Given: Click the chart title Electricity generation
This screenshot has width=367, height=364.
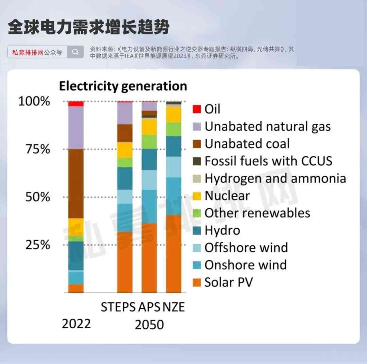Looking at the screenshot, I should coord(123,86).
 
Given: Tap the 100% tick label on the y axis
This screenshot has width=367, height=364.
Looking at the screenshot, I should coord(34,101).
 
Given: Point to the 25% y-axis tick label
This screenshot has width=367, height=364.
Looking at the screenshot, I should coord(38,245).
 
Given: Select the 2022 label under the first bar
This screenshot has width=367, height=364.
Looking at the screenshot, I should coord(76,324).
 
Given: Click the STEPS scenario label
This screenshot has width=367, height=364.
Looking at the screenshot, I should coord(118,307).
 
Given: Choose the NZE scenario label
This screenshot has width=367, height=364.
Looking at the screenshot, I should coord(174,307).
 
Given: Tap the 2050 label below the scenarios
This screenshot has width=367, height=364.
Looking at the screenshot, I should coord(149,325).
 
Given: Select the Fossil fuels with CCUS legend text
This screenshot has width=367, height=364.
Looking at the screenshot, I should coord(268,161).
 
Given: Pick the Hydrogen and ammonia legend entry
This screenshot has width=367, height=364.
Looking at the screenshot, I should coord(275,178).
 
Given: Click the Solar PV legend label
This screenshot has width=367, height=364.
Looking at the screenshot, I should coord(228,282).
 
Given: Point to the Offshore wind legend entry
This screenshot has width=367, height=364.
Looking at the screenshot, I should coord(246,247).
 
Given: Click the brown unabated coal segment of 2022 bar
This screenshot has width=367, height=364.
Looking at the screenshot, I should coord(76,184).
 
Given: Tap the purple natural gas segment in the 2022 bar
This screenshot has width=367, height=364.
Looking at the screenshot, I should coord(76,127).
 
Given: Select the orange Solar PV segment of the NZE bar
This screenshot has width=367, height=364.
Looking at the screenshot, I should coord(174,253).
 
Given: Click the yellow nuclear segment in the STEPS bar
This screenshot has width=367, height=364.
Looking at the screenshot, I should coord(125,150).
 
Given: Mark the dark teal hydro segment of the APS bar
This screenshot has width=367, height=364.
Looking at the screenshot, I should coord(149,159).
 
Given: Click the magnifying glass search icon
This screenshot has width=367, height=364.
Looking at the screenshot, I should coord(75,52).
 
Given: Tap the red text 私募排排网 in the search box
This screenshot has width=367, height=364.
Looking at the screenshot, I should coord(28,52).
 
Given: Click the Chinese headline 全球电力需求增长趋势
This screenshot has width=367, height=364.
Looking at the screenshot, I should coord(89,28).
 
